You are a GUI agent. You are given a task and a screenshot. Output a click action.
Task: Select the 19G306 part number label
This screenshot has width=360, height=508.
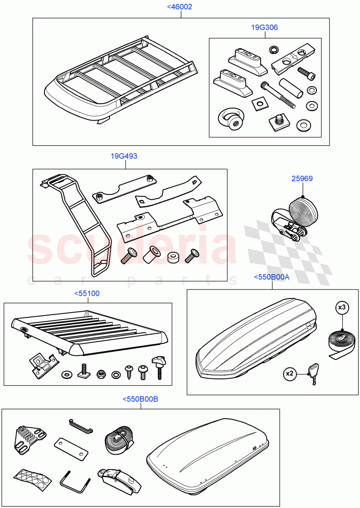click(x=264, y=28)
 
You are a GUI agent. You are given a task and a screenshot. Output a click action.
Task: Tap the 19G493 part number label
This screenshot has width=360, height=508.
click(x=124, y=156)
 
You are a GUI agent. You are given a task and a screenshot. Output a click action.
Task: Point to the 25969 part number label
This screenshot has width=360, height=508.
click(x=302, y=179)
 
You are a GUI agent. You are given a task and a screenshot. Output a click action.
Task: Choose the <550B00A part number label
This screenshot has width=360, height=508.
click(x=272, y=277)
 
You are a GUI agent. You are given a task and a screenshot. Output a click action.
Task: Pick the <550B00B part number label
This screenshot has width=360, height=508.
click(x=140, y=399)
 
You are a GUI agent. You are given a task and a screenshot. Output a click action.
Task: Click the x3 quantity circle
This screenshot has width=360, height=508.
click(x=343, y=308)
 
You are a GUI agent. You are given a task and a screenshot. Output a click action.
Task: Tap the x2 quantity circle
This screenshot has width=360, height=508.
click(x=290, y=373)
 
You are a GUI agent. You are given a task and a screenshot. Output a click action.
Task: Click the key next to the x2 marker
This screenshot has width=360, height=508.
click(x=316, y=374)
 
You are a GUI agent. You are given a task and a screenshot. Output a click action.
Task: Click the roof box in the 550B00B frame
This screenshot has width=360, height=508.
click(x=207, y=455)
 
